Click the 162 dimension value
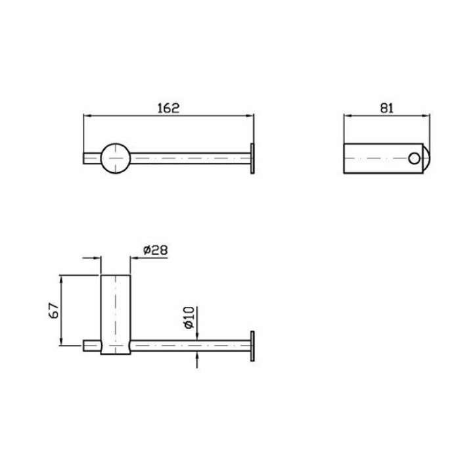pos(168,108)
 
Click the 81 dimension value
pos(386,108)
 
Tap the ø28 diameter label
pos(156,250)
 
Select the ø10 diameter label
pos(189,317)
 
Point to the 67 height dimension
pos(54,310)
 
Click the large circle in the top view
pos(116,158)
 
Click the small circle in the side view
pos(414,158)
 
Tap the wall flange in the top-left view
pos(252,158)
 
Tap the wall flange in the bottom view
pos(252,346)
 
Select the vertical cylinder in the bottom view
pos(116,315)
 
